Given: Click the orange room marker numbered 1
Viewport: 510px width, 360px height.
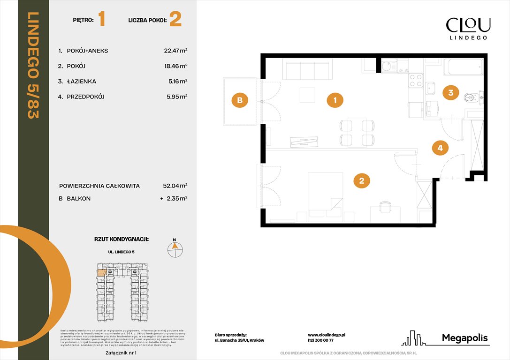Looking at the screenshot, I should coord(335,100).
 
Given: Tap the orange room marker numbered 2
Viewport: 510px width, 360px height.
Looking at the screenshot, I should coord(361,180).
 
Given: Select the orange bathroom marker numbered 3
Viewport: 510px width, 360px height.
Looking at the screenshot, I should coord(450,92).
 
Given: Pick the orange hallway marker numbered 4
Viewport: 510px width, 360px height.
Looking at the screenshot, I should coord(440,148).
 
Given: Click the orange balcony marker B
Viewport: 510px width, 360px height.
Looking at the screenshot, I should coord(239,100).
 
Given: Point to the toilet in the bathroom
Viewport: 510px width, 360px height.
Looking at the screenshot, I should coord(471,97).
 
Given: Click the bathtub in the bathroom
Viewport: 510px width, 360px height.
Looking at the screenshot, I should coord(463,67).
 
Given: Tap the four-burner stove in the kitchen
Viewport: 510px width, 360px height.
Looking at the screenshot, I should coord(415,81).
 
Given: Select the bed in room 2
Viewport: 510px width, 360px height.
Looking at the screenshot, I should coord(325,195).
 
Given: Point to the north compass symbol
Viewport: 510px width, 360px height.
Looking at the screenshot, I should coord(175,249).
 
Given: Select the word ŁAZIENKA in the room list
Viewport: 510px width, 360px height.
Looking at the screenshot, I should coord(80,82).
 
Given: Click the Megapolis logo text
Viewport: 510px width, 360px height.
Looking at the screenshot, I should coord(464,338).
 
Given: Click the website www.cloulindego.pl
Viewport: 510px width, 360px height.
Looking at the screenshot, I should coord(327,335).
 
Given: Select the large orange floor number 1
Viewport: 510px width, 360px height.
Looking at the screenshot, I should coord(102,20).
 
